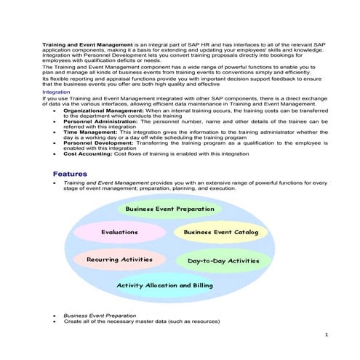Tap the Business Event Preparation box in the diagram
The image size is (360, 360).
coord(170,209)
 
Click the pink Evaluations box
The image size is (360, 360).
coord(119,232)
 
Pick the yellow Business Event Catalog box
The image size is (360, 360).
coord(221,232)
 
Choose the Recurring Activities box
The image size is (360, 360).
coord(119,259)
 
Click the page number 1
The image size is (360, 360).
coord(327,333)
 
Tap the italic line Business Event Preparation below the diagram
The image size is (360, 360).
coord(100,315)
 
